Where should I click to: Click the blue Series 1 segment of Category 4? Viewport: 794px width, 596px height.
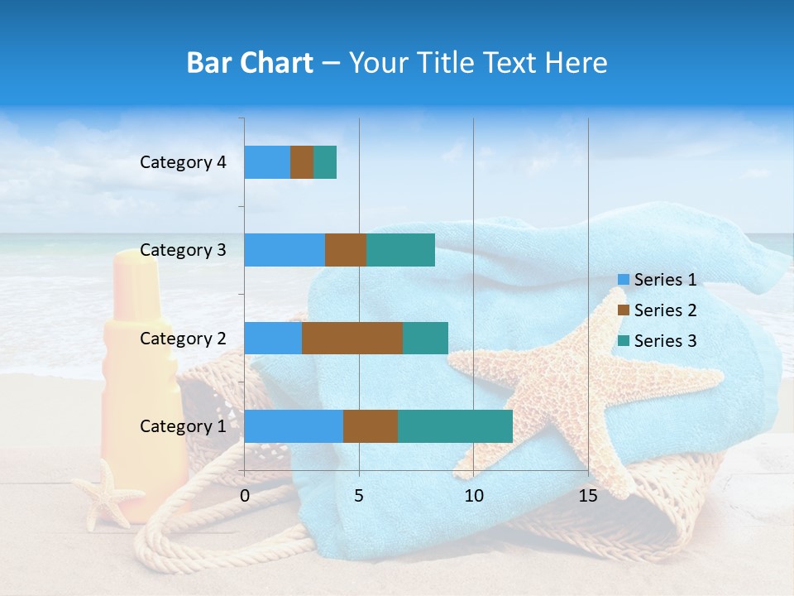pyautogui.click(x=267, y=162)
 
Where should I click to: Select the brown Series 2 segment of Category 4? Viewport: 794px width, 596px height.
pyautogui.click(x=302, y=162)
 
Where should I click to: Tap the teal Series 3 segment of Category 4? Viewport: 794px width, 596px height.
pyautogui.click(x=325, y=162)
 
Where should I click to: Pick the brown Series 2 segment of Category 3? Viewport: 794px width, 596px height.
pyautogui.click(x=346, y=250)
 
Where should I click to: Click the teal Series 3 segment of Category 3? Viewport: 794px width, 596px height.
pyautogui.click(x=400, y=250)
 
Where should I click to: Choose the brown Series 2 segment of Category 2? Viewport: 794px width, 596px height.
pyautogui.click(x=352, y=338)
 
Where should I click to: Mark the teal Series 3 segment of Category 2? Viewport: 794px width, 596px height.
pyautogui.click(x=425, y=338)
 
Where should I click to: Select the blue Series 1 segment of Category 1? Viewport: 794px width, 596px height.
pyautogui.click(x=294, y=426)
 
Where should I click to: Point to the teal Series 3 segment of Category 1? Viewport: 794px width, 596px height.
pyautogui.click(x=455, y=426)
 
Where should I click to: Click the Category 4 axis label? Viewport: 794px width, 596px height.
pyautogui.click(x=183, y=162)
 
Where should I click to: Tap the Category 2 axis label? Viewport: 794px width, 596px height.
pyautogui.click(x=183, y=338)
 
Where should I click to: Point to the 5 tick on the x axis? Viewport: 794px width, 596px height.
pyautogui.click(x=359, y=496)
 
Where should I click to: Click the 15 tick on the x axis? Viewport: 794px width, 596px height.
pyautogui.click(x=588, y=496)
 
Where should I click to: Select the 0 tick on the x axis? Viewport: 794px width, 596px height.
pyautogui.click(x=245, y=496)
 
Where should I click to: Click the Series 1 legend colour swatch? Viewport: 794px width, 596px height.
pyautogui.click(x=623, y=280)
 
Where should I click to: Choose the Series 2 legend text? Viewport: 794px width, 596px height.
pyautogui.click(x=665, y=310)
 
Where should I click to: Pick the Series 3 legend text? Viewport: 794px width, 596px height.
pyautogui.click(x=665, y=341)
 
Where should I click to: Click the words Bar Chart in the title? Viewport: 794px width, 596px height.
pyautogui.click(x=249, y=63)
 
